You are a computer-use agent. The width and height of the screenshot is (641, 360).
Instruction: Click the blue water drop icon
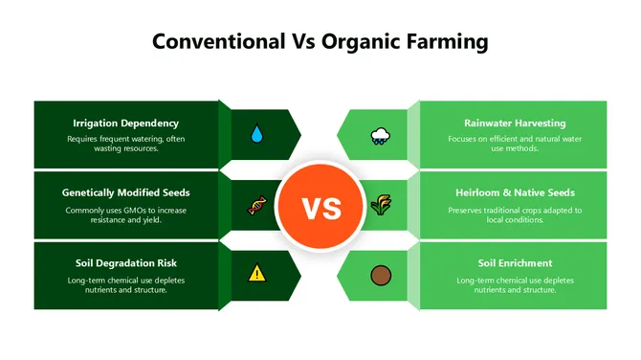click(x=256, y=135)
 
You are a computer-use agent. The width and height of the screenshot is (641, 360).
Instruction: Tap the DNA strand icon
click(x=256, y=205)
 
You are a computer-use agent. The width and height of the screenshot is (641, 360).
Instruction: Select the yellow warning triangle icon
click(x=256, y=274)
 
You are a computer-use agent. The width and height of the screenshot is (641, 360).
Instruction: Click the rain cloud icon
click(x=380, y=136)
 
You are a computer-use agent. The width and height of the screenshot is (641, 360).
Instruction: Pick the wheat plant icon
click(x=380, y=205)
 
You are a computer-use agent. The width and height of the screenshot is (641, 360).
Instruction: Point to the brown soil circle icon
click(x=380, y=275)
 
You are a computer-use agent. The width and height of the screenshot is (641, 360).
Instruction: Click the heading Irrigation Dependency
click(x=126, y=124)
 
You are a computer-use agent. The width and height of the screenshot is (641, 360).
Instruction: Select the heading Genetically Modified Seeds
click(x=126, y=192)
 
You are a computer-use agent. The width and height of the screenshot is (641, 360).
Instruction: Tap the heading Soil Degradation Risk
click(x=126, y=262)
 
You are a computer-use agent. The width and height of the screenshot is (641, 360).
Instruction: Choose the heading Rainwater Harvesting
click(x=515, y=124)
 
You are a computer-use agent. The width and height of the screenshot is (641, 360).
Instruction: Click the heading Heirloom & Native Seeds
click(x=515, y=192)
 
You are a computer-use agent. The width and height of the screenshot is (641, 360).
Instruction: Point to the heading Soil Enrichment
click(x=515, y=262)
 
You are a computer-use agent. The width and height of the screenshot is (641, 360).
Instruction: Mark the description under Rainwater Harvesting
click(x=515, y=144)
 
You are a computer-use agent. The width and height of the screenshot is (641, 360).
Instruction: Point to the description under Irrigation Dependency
click(x=126, y=144)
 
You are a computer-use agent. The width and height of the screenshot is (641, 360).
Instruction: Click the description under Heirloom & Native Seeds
click(x=515, y=214)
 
